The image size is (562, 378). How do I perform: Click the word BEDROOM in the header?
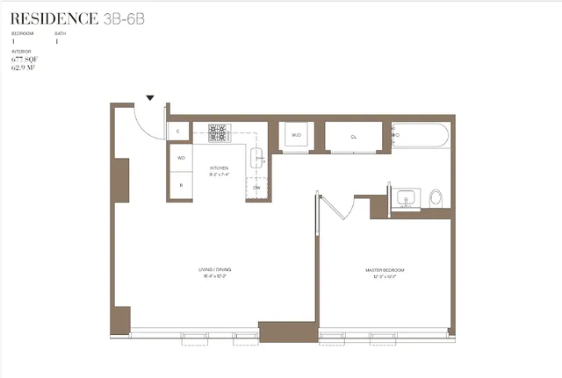[x=21, y=33]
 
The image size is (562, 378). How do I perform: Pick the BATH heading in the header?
[x=60, y=33]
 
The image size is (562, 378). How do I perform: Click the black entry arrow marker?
[x=150, y=98]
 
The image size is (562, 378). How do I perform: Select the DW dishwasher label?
[x=256, y=188]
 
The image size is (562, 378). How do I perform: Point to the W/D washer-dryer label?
[x=296, y=135]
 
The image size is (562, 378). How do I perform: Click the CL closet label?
[x=353, y=137]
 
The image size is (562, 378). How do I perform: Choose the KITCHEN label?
[x=218, y=168]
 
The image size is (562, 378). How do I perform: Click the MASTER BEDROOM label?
[x=385, y=269]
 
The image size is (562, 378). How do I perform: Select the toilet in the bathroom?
[x=436, y=199]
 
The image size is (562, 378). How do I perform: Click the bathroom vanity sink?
[x=406, y=197]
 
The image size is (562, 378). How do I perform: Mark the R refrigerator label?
[x=181, y=185]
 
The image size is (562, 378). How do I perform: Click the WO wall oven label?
[x=181, y=158]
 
